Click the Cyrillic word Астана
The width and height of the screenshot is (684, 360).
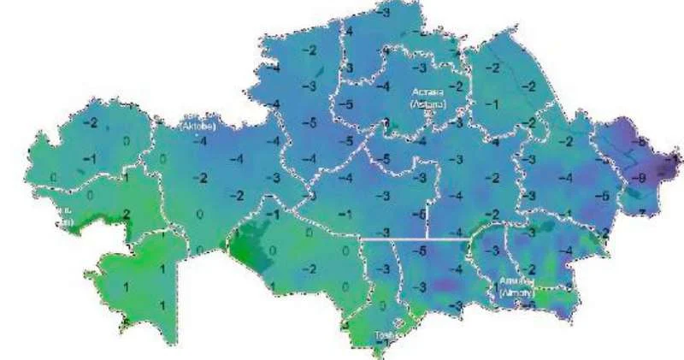[425, 90]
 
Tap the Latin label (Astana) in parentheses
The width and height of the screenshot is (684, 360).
[426, 103]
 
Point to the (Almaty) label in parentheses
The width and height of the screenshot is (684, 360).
[518, 292]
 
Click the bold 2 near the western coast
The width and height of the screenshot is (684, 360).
[126, 215]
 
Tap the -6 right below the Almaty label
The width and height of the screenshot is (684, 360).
[530, 304]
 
